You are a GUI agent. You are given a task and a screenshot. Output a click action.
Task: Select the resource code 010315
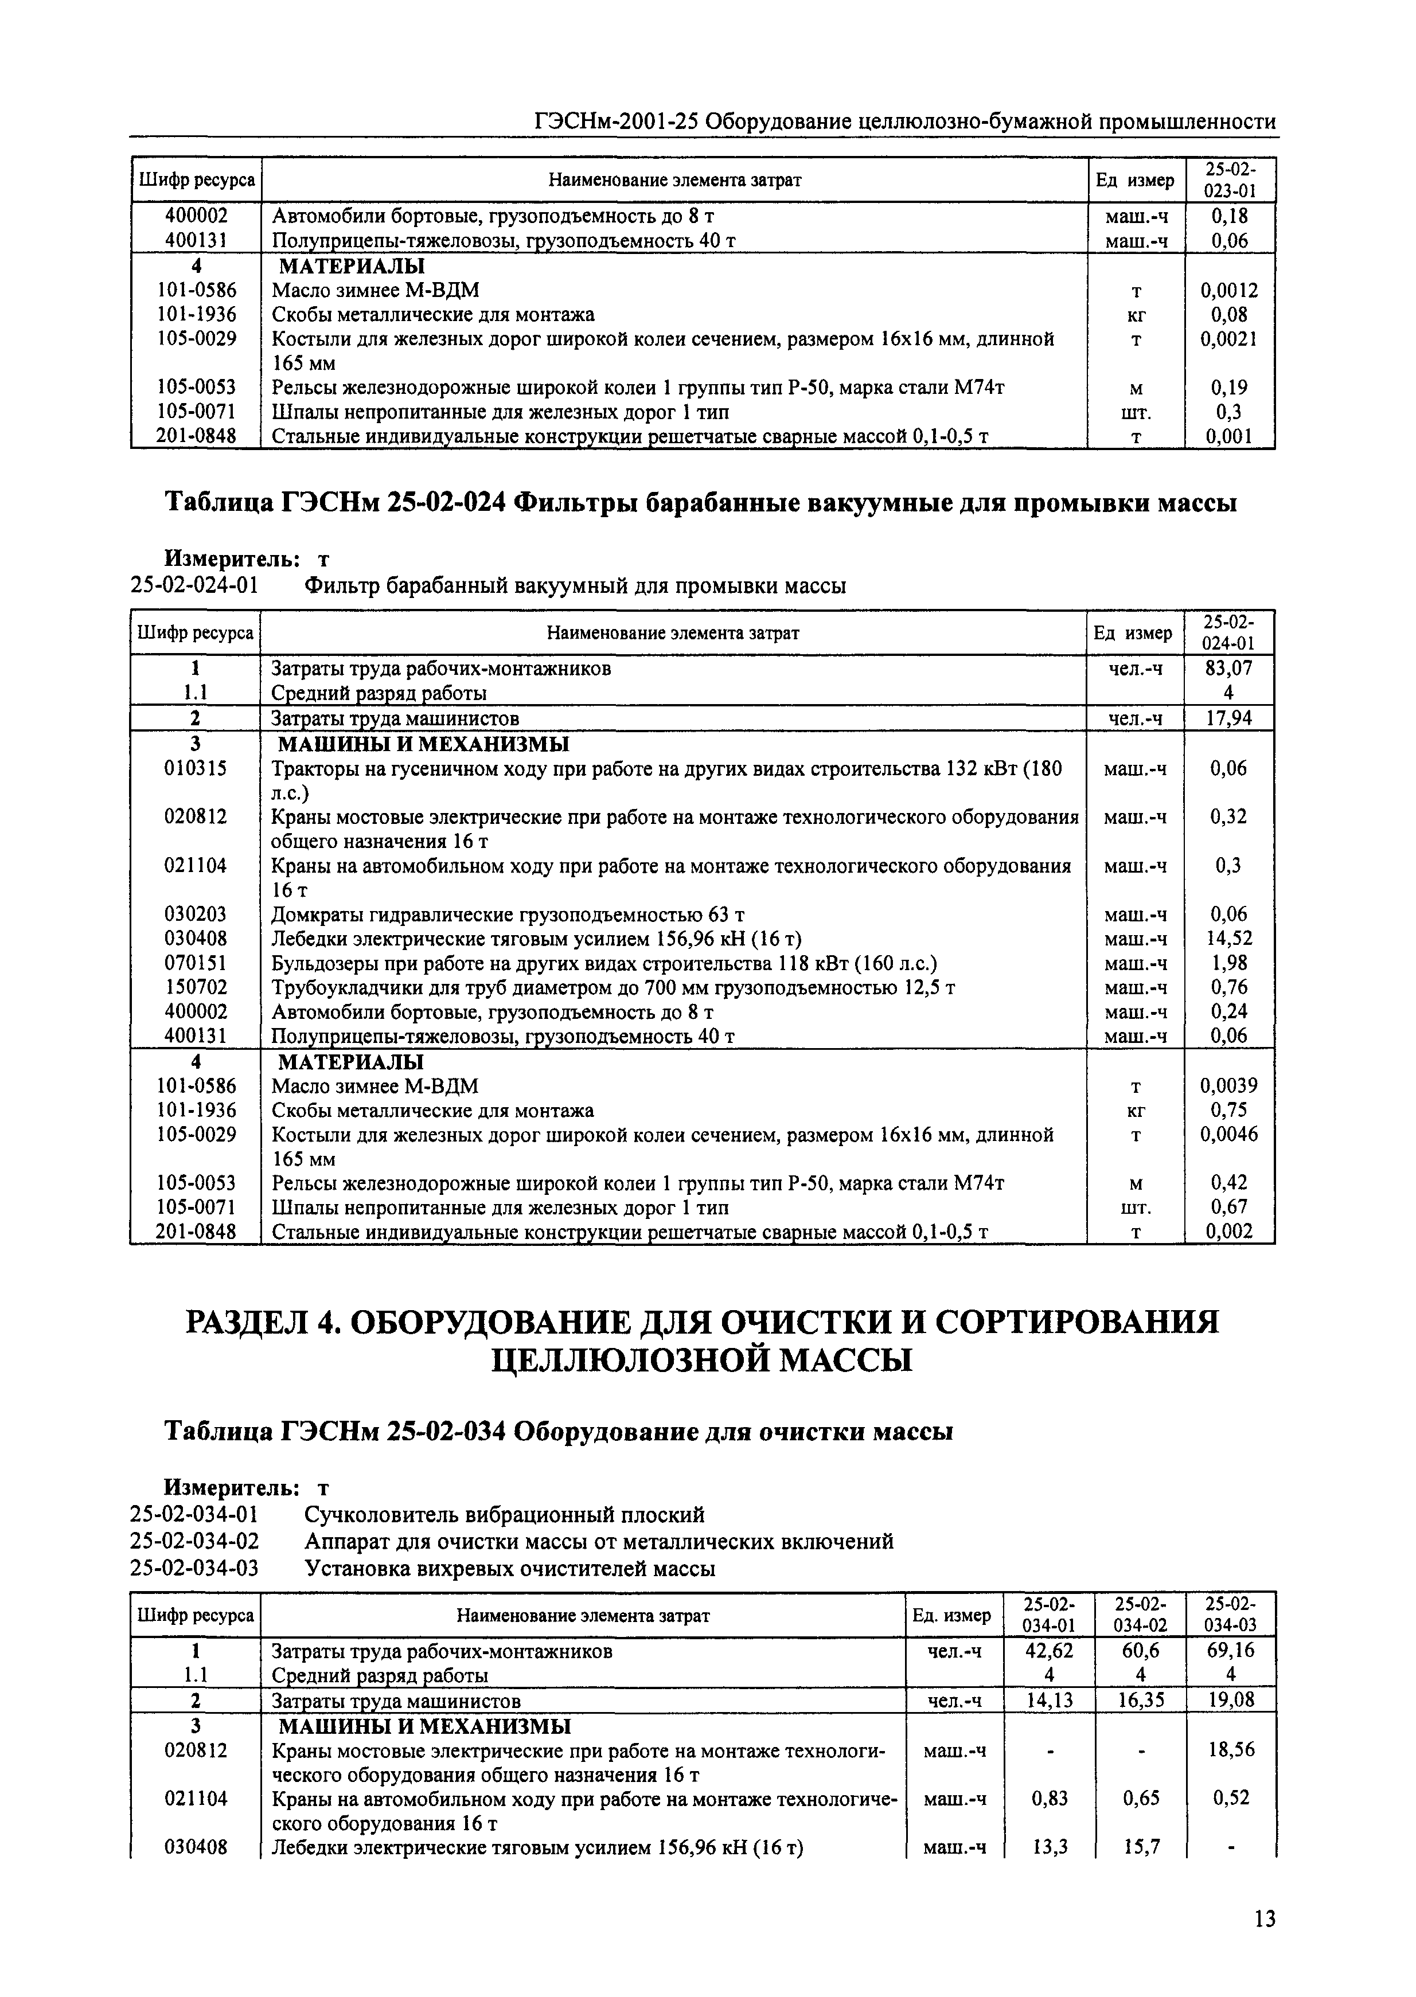coord(196,768)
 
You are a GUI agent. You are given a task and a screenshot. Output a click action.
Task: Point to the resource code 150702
coord(196,987)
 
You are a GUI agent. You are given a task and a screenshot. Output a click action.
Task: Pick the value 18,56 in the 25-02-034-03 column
coord(1230,1749)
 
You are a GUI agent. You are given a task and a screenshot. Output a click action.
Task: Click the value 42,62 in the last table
coord(1049,1651)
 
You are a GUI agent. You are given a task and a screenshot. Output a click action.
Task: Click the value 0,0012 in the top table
coord(1228,290)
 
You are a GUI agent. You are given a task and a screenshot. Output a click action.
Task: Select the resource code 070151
coord(196,962)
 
